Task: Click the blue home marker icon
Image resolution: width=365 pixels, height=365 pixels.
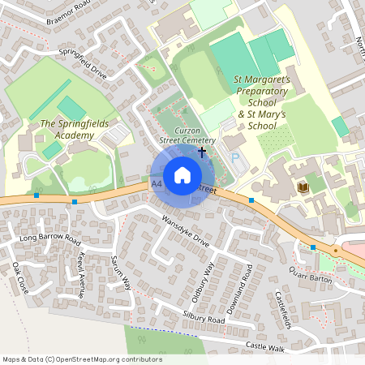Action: click(x=182, y=175)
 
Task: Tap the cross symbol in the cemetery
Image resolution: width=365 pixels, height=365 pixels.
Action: click(x=201, y=152)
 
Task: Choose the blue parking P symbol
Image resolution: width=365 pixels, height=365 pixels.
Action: click(x=236, y=158)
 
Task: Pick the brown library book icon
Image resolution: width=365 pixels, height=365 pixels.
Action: click(x=303, y=187)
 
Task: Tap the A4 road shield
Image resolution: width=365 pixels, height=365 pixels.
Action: click(x=156, y=185)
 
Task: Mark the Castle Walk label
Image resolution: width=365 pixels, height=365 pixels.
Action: click(x=267, y=347)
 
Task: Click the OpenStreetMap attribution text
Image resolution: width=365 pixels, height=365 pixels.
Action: click(x=82, y=359)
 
